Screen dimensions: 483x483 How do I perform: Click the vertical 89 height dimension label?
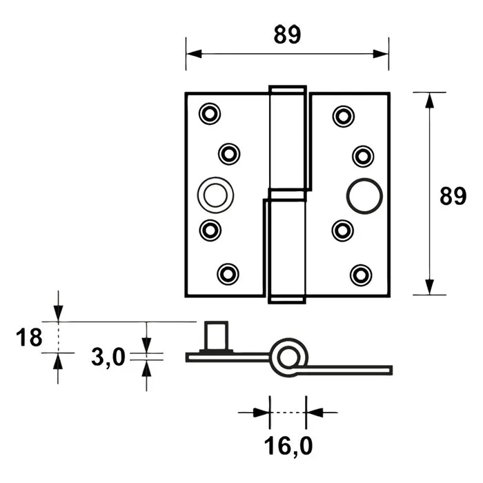point(453,196)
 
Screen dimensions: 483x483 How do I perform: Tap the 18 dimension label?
point(29,337)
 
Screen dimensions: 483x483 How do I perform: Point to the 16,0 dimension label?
point(287,448)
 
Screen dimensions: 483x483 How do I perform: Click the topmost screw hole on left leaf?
point(208,113)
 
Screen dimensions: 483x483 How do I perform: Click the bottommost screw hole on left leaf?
point(227,274)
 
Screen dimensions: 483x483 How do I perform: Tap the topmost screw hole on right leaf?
point(342,115)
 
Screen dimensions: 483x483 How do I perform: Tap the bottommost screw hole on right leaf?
point(360,275)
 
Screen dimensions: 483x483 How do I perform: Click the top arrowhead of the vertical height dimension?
point(430,99)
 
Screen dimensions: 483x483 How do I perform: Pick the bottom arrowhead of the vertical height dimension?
point(430,286)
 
